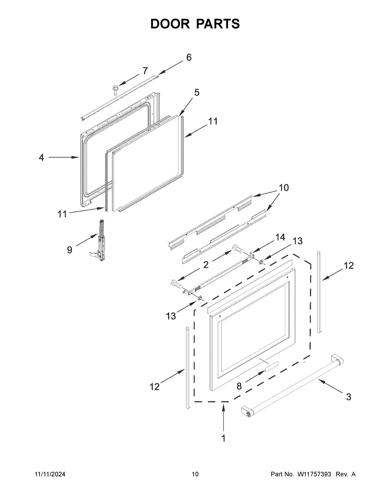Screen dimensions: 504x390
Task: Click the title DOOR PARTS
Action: [x=195, y=24]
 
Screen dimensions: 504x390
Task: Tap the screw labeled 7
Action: [x=115, y=89]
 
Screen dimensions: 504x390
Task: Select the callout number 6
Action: [x=188, y=57]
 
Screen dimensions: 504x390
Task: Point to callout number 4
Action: [x=41, y=158]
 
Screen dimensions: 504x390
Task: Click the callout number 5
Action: [x=197, y=92]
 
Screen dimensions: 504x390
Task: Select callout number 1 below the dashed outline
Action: [x=223, y=438]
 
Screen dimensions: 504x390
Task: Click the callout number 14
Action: [x=280, y=238]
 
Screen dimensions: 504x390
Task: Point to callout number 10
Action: [x=283, y=188]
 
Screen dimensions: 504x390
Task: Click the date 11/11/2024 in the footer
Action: [x=50, y=474]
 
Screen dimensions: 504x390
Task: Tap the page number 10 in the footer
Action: [x=195, y=474]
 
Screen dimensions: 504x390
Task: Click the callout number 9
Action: [x=70, y=250]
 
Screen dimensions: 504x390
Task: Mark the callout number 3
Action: [x=348, y=397]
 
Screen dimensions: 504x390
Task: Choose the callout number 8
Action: [x=239, y=386]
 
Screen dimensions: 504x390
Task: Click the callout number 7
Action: [x=145, y=70]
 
